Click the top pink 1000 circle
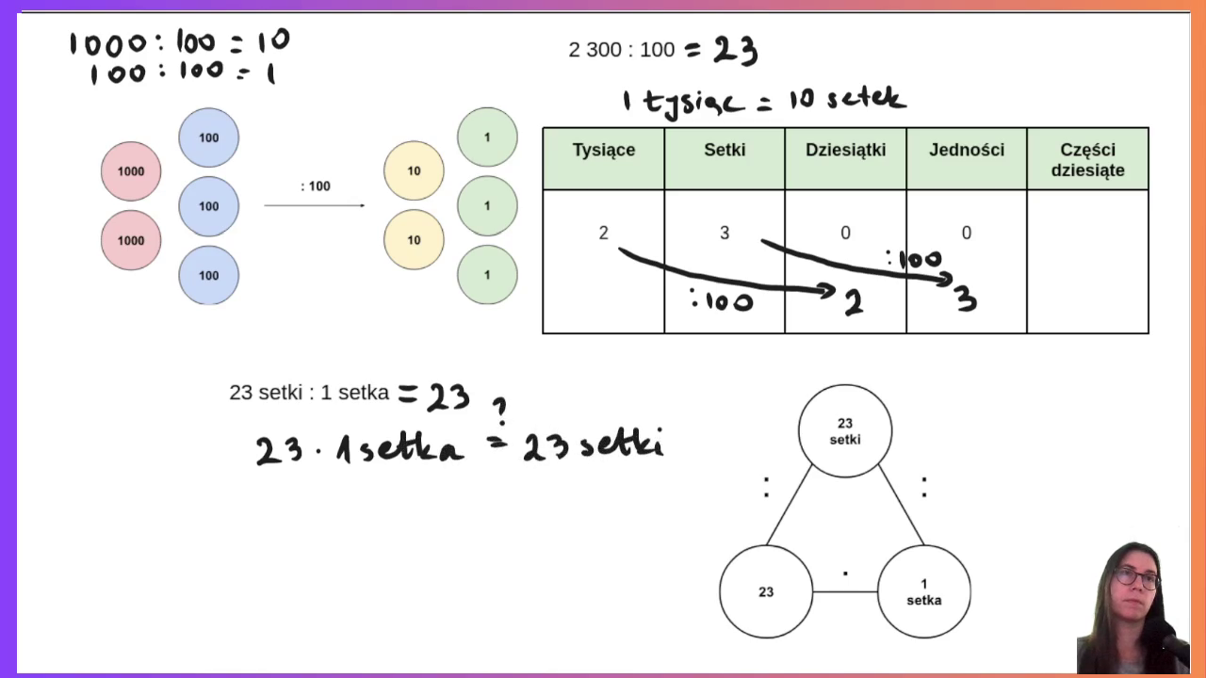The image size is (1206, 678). click(x=131, y=171)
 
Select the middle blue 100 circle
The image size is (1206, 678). click(x=209, y=206)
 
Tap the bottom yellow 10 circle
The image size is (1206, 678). click(x=414, y=239)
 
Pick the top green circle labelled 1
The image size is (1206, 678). click(x=487, y=137)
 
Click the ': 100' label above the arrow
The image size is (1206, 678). click(x=316, y=186)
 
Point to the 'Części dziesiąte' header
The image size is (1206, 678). click(x=1087, y=159)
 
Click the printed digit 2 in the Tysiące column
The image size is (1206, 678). click(x=604, y=233)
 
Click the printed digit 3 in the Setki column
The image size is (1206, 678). click(x=725, y=233)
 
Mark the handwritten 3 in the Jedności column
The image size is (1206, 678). click(x=967, y=299)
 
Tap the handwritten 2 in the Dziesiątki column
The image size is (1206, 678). click(x=854, y=303)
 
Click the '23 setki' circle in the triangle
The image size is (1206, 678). click(x=845, y=431)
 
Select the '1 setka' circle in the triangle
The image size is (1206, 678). click(x=924, y=592)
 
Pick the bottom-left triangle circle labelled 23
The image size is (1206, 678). click(x=766, y=592)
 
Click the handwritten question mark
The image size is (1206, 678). click(x=500, y=412)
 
